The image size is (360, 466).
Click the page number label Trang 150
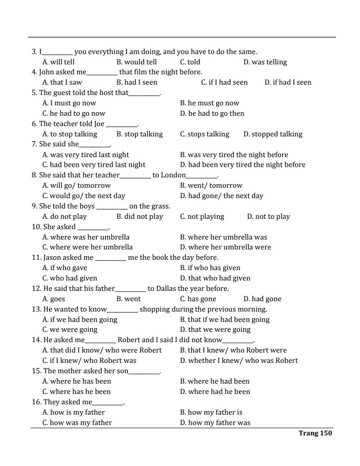click(x=315, y=433)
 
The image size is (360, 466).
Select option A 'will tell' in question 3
click(x=58, y=62)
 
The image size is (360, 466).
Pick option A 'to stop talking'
click(x=70, y=134)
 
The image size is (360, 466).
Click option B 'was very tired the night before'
click(x=234, y=155)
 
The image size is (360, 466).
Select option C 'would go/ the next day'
click(x=84, y=196)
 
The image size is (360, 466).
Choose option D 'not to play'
click(x=268, y=217)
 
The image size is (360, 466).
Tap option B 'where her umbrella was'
click(x=223, y=237)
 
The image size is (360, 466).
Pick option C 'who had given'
click(x=70, y=278)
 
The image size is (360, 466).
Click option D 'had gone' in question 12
click(x=262, y=299)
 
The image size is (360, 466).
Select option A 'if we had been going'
click(x=80, y=320)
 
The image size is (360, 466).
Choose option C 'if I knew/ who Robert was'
click(x=89, y=361)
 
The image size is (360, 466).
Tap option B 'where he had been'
click(x=215, y=381)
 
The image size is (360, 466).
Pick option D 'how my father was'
click(x=215, y=423)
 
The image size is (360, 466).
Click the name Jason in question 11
click(x=53, y=258)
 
